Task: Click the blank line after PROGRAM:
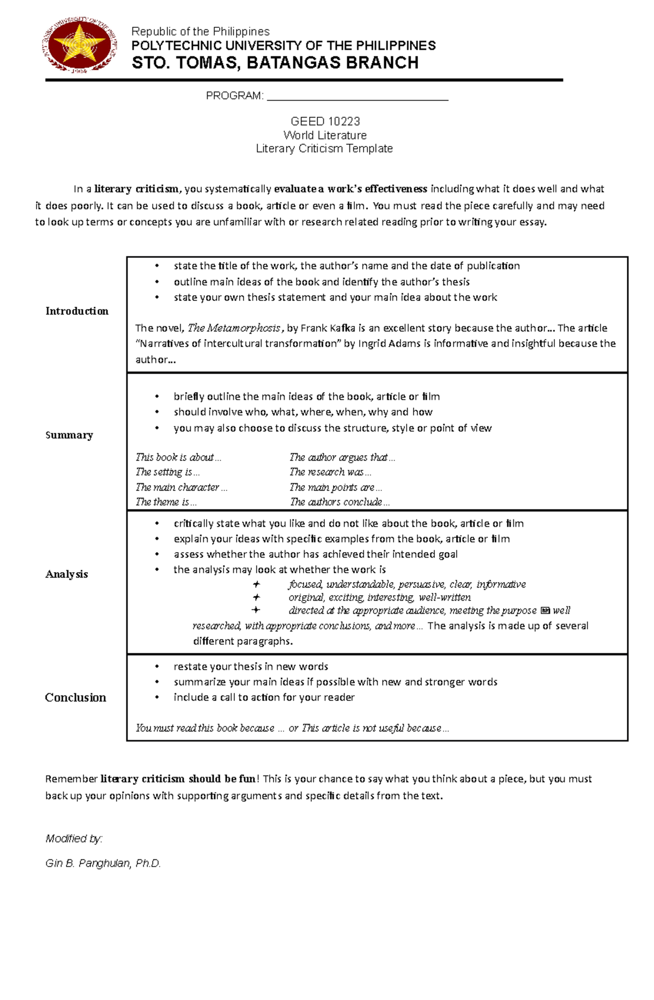(x=357, y=97)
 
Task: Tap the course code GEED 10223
(x=325, y=121)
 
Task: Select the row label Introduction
(x=77, y=311)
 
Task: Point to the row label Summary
(x=69, y=435)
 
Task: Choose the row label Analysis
(x=66, y=574)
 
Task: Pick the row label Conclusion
(x=75, y=698)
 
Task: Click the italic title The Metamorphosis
(x=234, y=328)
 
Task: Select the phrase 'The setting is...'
(x=167, y=472)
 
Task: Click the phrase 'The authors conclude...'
(x=340, y=502)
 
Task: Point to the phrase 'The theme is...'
(x=166, y=502)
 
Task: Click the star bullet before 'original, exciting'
(x=256, y=597)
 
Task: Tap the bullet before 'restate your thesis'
(x=158, y=666)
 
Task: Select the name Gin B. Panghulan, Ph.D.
(x=103, y=863)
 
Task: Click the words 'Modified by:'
(x=74, y=839)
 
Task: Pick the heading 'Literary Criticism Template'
(x=324, y=148)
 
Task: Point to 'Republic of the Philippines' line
(x=200, y=32)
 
